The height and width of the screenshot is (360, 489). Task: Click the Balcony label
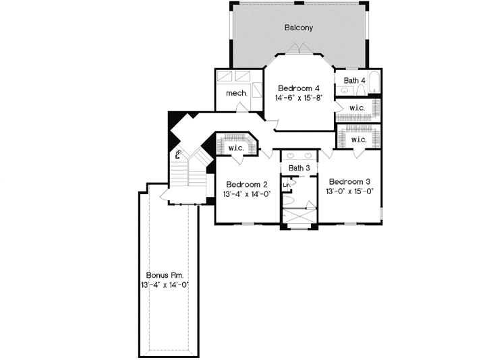click(298, 28)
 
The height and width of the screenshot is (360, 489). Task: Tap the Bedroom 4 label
click(298, 88)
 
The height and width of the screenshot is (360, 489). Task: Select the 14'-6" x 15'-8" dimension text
click(298, 98)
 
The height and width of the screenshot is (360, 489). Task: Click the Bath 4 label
click(355, 81)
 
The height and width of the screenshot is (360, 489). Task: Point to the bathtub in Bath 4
click(376, 85)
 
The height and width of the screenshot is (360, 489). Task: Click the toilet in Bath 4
click(345, 90)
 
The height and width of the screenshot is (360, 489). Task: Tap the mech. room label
click(235, 93)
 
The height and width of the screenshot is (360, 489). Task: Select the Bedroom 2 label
click(247, 185)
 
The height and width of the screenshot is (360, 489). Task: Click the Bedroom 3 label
click(350, 182)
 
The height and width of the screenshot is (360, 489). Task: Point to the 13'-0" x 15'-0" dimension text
click(350, 191)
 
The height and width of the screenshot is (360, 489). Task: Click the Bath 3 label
click(299, 168)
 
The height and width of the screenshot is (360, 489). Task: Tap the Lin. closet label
click(287, 184)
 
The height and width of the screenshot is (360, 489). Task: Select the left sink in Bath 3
click(289, 156)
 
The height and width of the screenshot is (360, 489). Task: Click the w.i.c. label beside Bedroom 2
click(235, 148)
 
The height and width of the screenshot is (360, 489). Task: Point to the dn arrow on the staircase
click(178, 154)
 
